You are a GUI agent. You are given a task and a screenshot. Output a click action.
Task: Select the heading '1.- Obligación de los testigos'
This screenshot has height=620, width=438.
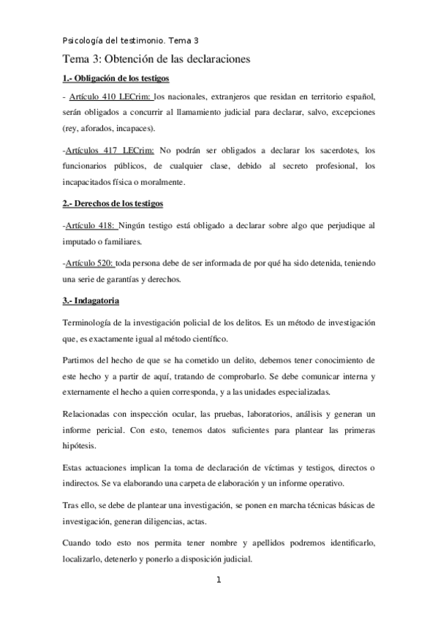coord(116,79)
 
